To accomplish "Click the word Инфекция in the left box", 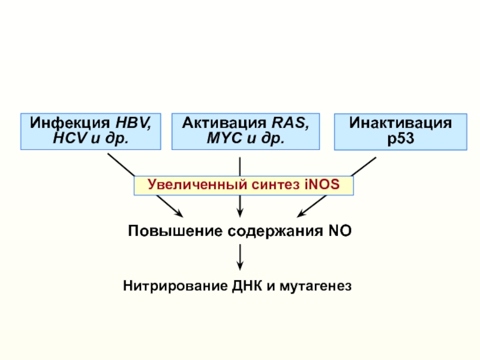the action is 70,123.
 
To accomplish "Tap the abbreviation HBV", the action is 133,123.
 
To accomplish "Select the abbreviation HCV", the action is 70,138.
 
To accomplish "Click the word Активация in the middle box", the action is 224,123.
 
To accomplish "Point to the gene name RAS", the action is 290,123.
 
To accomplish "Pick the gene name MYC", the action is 224,138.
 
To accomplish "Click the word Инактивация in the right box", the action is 400,123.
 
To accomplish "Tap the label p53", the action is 401,139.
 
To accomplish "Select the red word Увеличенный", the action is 197,185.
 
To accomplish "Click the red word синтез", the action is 275,185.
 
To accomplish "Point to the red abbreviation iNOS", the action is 322,184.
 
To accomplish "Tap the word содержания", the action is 275,231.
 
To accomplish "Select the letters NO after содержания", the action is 340,230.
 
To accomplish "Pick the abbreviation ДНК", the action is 247,286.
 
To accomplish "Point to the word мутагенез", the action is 316,287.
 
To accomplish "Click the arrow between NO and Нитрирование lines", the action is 240,257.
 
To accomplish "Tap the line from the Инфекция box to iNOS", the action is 121,164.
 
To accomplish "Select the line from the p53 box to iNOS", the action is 364,167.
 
